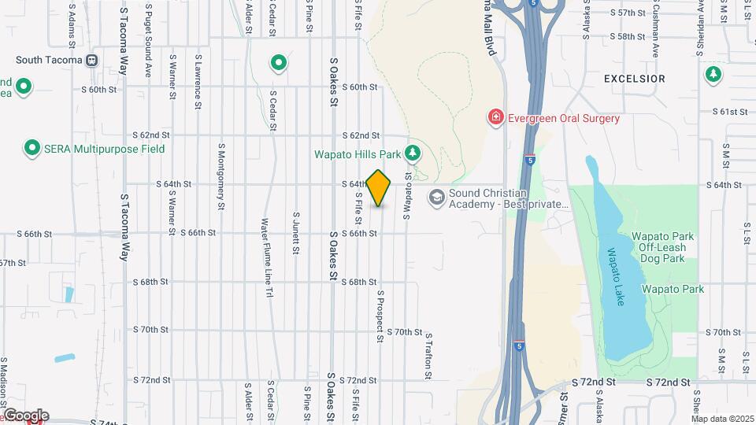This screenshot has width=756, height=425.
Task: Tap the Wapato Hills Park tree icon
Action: (412, 153)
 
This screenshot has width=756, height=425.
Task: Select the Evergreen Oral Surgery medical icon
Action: (496, 118)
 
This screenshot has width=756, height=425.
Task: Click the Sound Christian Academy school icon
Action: (435, 197)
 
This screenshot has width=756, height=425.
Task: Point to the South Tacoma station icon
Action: (93, 60)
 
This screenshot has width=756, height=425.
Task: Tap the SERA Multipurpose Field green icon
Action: (32, 147)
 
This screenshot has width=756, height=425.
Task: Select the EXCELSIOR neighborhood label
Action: (634, 79)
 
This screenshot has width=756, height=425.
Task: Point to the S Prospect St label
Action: (380, 318)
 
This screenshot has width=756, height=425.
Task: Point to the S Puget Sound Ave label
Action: (147, 40)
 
